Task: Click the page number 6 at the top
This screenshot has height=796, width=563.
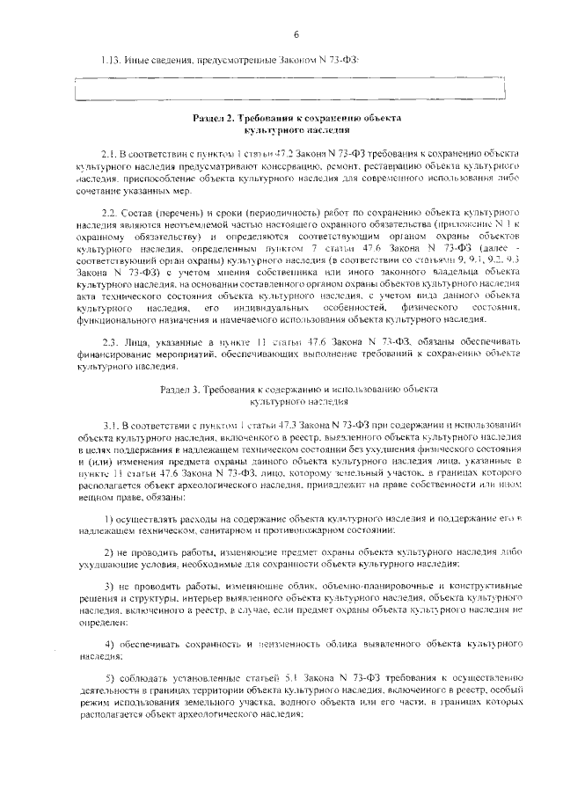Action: [296, 33]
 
